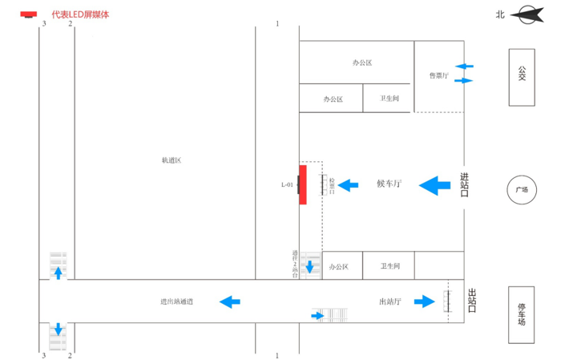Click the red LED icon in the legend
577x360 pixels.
click(x=29, y=14)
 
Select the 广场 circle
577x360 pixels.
click(x=522, y=190)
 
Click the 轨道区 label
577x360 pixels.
click(x=171, y=160)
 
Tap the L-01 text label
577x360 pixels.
click(x=287, y=185)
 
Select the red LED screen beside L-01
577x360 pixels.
click(x=303, y=184)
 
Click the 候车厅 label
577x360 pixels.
click(x=389, y=184)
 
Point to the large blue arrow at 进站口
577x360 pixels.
click(x=435, y=185)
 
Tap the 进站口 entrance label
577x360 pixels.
click(x=463, y=184)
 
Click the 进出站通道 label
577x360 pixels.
click(x=176, y=301)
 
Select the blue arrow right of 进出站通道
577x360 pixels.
click(x=230, y=301)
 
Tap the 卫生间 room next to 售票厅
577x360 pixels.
click(x=389, y=99)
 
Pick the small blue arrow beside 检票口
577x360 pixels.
click(x=348, y=185)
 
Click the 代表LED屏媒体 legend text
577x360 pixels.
click(x=80, y=14)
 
